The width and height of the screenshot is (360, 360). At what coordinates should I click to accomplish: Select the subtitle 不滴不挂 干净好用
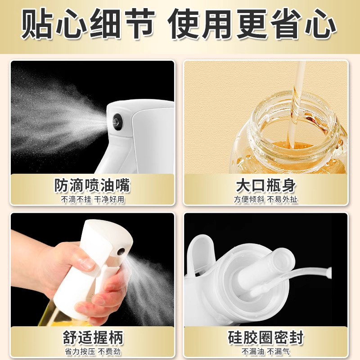point(92,198)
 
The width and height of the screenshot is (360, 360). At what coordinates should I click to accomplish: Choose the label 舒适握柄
point(92,337)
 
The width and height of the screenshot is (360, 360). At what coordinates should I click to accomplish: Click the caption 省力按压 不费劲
point(92,351)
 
